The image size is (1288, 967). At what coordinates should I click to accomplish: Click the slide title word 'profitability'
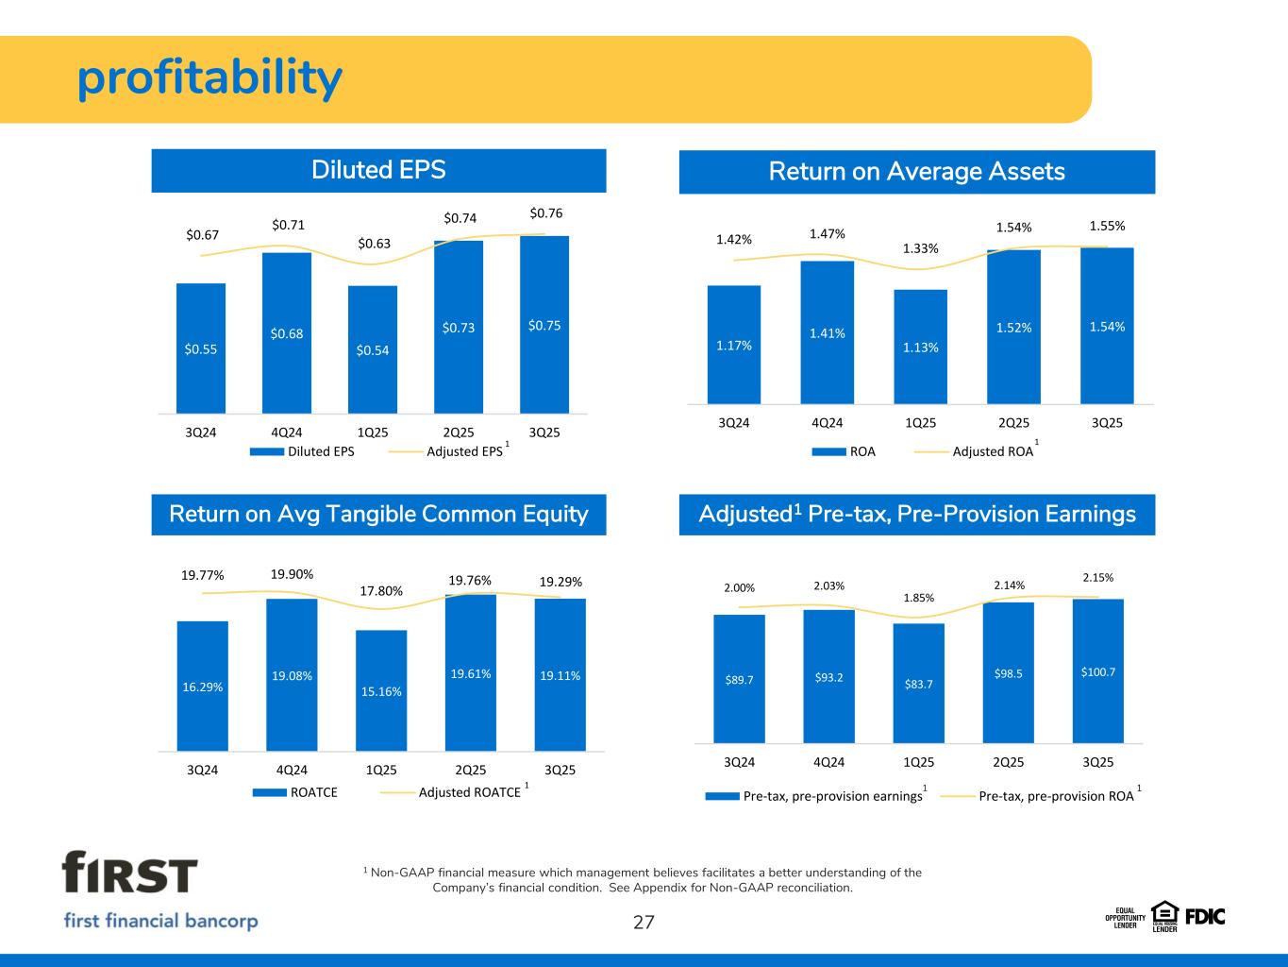click(209, 79)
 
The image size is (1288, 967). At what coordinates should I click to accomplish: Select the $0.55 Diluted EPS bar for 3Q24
click(201, 348)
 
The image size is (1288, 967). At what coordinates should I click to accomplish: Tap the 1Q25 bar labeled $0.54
click(373, 349)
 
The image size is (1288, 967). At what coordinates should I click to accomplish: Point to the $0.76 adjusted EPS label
click(545, 213)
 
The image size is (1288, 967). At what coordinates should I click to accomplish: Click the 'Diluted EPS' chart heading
click(378, 170)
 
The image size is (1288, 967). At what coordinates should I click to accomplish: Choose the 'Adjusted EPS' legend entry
click(464, 451)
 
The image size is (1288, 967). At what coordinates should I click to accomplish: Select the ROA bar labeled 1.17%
click(734, 345)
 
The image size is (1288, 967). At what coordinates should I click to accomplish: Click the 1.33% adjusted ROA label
click(921, 248)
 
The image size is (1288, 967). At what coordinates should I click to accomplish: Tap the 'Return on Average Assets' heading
click(916, 171)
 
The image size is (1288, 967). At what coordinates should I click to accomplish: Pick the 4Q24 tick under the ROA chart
click(827, 422)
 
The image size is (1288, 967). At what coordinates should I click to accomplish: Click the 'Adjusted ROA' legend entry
click(993, 451)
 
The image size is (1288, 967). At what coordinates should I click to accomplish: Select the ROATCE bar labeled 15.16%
click(381, 690)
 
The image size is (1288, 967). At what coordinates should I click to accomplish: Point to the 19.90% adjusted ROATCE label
click(293, 573)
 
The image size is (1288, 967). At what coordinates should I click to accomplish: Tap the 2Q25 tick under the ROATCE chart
click(471, 770)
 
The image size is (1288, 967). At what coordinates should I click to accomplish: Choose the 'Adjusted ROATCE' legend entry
click(469, 792)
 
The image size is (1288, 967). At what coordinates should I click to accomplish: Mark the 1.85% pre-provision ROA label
click(918, 598)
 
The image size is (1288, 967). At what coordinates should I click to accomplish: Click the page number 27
click(644, 923)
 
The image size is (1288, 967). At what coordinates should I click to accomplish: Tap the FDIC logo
click(1205, 916)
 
